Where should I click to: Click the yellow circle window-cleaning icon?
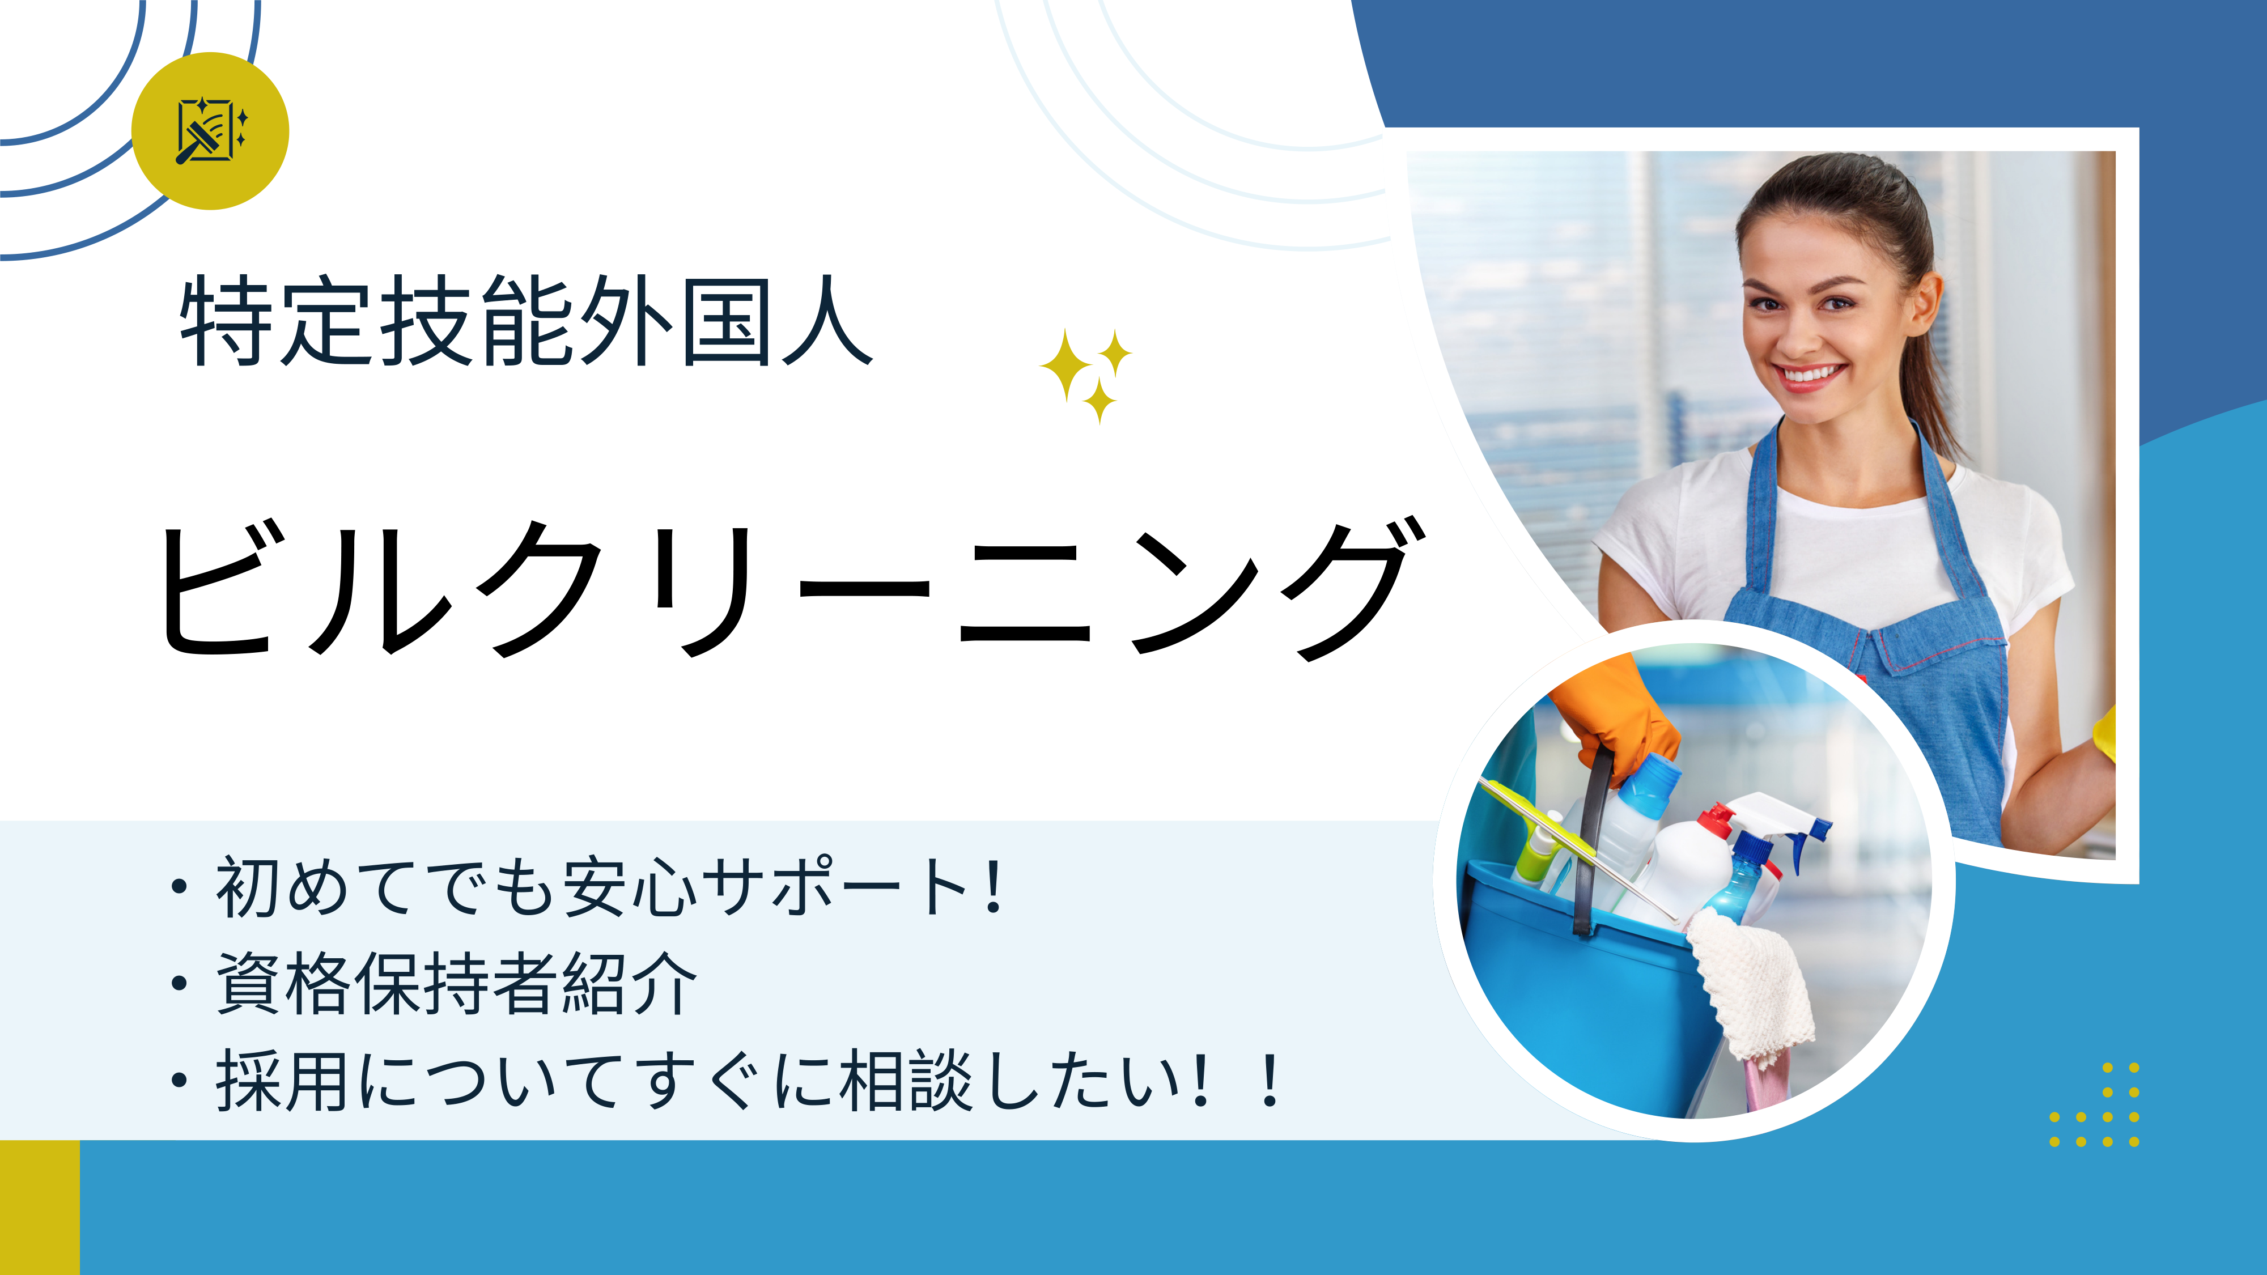(x=210, y=131)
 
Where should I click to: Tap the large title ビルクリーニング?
(x=789, y=587)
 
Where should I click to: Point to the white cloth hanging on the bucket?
(x=1751, y=985)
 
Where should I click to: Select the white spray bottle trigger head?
(x=1778, y=818)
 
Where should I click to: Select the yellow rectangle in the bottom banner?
(x=40, y=1207)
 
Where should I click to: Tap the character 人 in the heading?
(x=827, y=322)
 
